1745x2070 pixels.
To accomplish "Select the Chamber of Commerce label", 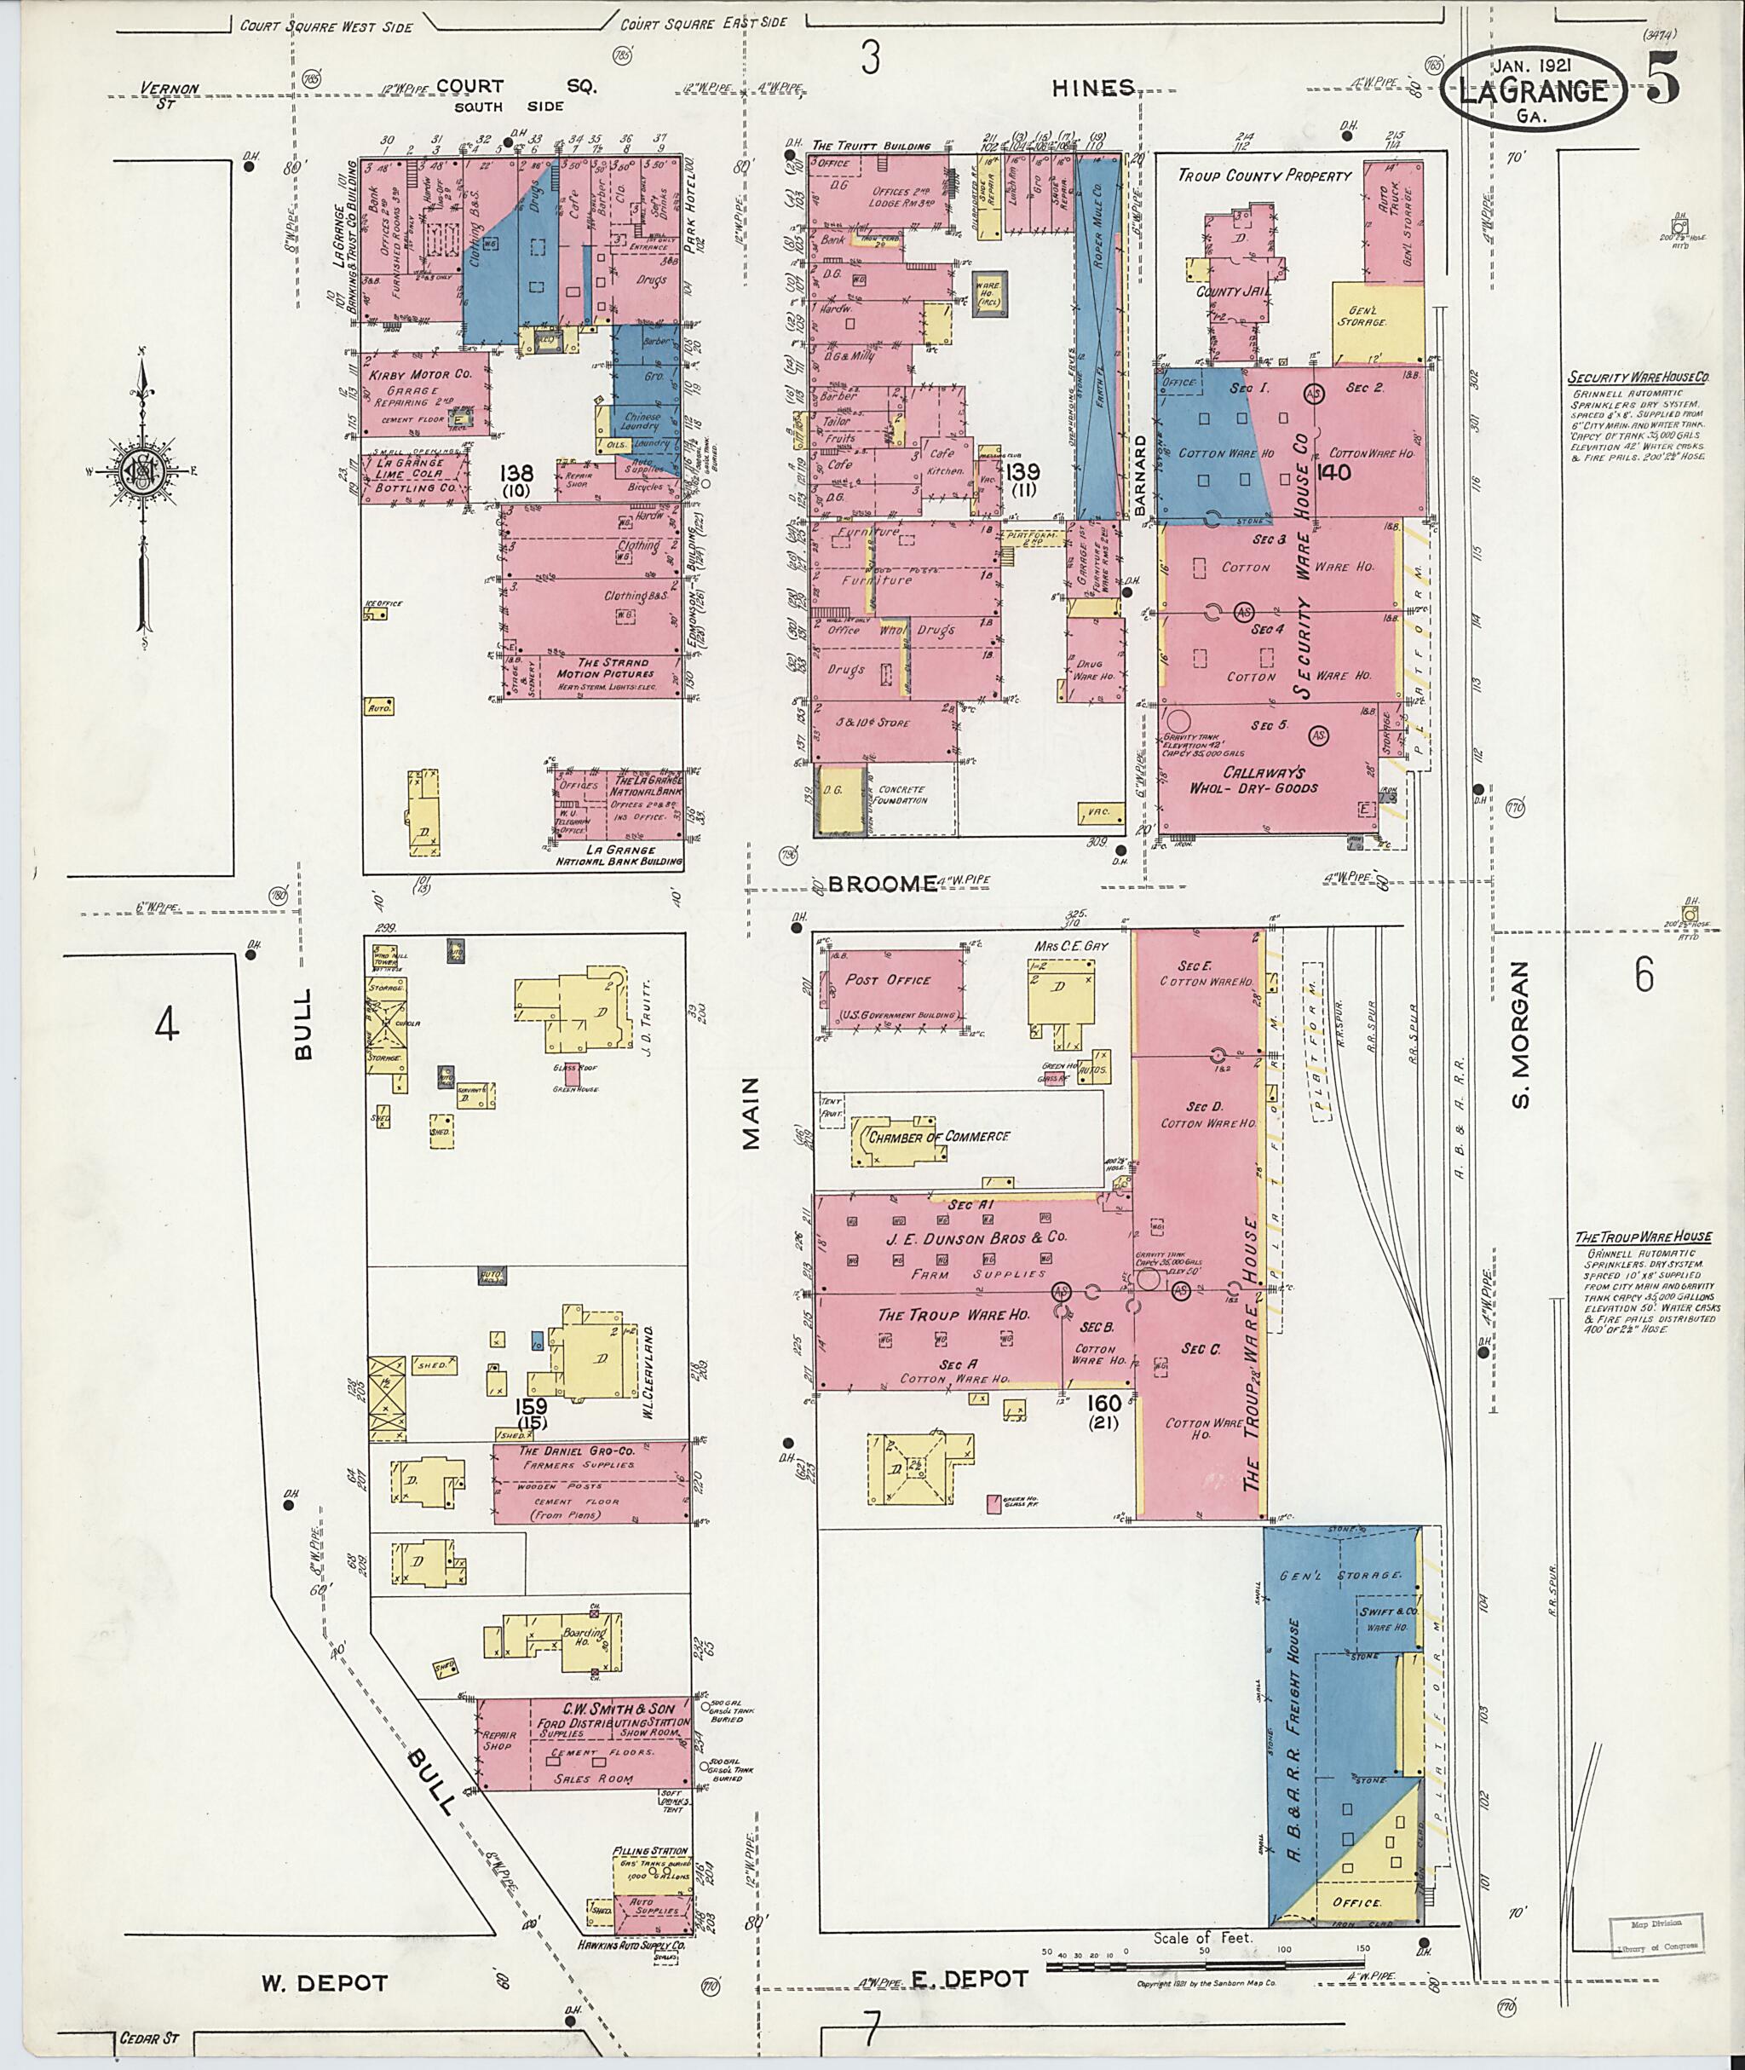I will (938, 1136).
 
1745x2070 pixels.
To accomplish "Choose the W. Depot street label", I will (324, 1983).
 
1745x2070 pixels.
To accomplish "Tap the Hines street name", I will (1092, 88).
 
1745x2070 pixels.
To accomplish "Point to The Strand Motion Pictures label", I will (613, 668).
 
